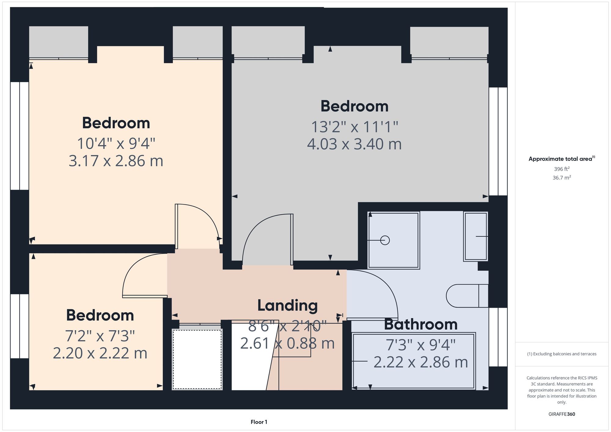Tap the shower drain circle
tap(385, 241)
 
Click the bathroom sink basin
tap(475, 236)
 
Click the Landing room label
tap(287, 305)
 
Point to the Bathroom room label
tap(420, 324)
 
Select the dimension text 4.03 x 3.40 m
tap(354, 144)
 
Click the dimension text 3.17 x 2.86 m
tap(116, 161)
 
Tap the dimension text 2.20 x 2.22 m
tap(100, 353)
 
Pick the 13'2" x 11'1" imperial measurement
tap(354, 127)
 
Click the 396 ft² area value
tap(562, 169)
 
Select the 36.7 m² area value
tap(562, 177)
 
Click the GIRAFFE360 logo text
tap(562, 414)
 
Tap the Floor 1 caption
tap(259, 422)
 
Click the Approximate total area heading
tap(562, 159)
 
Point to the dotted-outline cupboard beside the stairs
tap(197, 359)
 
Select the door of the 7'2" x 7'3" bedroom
tap(145, 296)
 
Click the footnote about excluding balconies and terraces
tap(562, 354)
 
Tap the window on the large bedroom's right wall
tap(498, 141)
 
